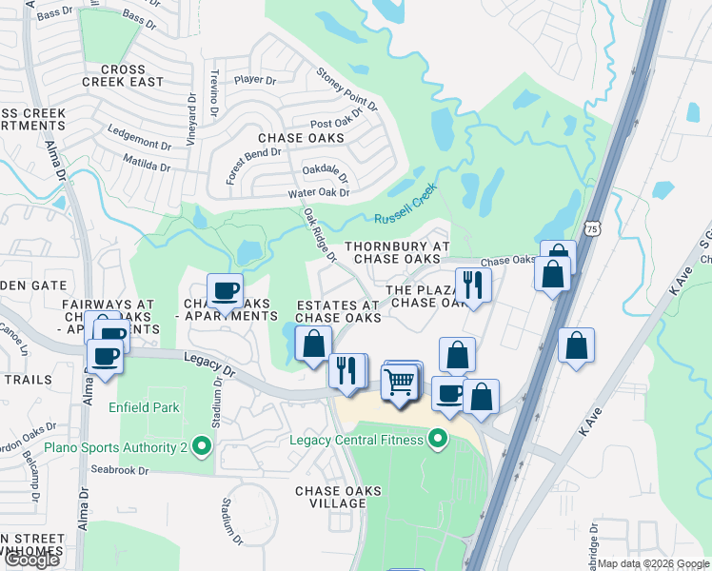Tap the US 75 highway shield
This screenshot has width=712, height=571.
click(x=594, y=228)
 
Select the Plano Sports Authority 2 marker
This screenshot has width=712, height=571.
click(x=200, y=444)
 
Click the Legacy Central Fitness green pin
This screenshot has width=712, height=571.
click(x=438, y=439)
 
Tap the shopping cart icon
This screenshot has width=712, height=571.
click(x=400, y=382)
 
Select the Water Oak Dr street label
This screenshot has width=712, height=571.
click(x=319, y=193)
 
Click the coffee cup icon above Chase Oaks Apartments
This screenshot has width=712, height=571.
click(x=225, y=289)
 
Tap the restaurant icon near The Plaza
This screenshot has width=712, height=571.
click(x=471, y=283)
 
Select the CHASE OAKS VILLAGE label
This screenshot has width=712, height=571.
click(x=338, y=498)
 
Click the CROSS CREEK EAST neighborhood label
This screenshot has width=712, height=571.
click(x=123, y=76)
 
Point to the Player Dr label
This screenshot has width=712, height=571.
click(x=253, y=80)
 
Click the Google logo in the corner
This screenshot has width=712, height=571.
click(x=31, y=560)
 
